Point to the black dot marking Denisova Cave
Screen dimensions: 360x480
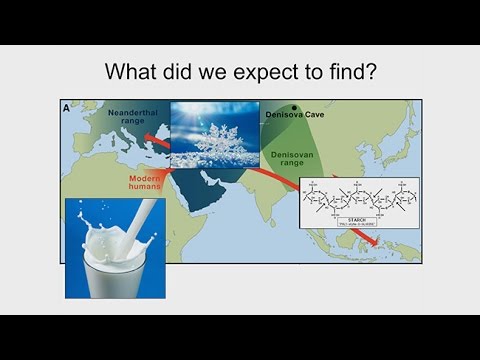[294, 106]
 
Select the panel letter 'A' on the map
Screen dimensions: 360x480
[67, 108]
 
